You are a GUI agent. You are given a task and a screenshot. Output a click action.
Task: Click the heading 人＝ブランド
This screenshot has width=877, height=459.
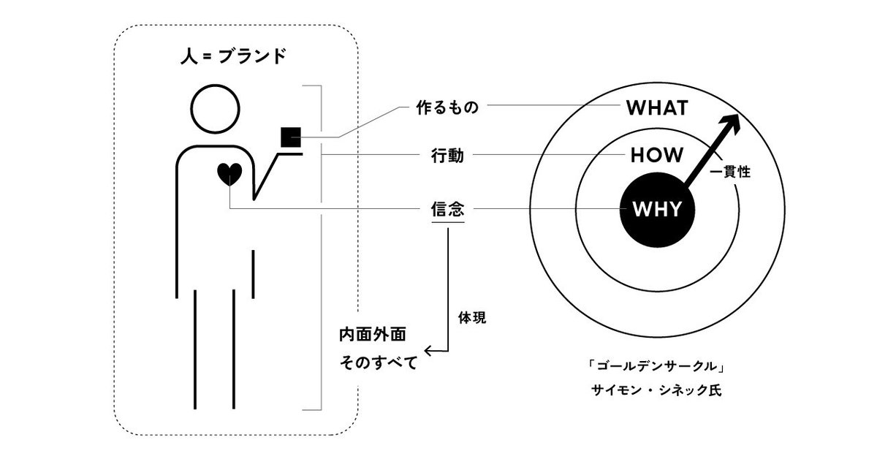coord(233,56)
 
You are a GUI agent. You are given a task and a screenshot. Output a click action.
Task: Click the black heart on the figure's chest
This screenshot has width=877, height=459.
coord(229,174)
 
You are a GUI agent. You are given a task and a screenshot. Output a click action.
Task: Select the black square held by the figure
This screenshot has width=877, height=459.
coord(291,137)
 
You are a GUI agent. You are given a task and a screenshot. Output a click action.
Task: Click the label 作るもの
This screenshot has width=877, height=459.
coord(447,107)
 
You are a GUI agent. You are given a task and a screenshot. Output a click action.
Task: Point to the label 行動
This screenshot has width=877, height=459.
coord(447,156)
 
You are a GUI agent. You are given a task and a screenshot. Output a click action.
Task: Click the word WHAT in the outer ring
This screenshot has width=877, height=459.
coord(657,108)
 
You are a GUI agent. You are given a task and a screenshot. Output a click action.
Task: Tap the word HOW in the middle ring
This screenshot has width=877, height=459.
coord(657,155)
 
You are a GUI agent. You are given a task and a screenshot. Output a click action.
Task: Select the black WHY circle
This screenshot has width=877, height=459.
coord(657,210)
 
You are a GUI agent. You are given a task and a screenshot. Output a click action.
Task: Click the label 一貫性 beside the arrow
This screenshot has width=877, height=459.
coord(730,172)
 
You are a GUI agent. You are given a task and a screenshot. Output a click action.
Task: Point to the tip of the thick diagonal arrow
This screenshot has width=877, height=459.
coord(738,114)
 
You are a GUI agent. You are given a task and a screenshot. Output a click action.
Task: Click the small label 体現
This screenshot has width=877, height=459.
coord(472,318)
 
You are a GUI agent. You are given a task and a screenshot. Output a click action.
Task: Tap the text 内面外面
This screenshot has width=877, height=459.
coord(372,335)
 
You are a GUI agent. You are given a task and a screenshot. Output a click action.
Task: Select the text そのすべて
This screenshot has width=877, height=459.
coord(379,363)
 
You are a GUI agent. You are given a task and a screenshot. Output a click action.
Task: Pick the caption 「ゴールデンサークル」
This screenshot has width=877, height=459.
coord(656,366)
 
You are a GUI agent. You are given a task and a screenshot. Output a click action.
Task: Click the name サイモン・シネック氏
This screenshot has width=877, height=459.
coord(656,390)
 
